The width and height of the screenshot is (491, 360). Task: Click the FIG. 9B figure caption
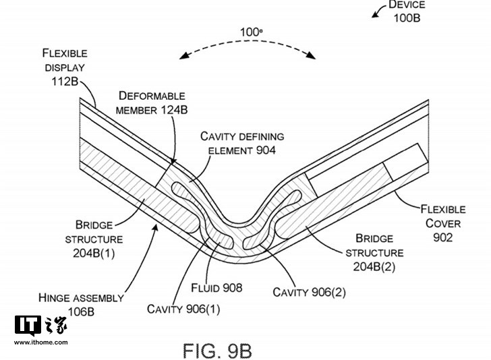point(217,351)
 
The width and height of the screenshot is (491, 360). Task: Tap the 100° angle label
point(251,32)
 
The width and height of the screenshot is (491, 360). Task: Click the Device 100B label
point(407,11)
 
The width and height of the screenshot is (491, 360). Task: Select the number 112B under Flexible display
point(65,82)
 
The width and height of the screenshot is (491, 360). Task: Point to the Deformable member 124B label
point(152,102)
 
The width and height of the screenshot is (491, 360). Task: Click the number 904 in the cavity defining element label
point(266,150)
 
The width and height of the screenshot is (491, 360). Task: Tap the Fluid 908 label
point(216,288)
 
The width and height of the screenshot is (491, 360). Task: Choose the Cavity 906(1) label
point(183,309)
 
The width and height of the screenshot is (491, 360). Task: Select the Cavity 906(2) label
point(310,292)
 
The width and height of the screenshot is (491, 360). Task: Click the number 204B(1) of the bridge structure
point(94,253)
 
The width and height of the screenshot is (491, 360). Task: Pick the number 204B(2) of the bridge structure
point(374,267)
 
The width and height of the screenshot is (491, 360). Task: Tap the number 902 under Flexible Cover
point(442,237)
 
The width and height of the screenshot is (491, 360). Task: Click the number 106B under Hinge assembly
point(81,311)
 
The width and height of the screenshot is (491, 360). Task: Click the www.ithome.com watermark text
point(41,342)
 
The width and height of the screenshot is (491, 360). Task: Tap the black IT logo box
point(28,325)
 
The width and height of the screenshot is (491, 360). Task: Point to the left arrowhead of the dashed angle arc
point(184,55)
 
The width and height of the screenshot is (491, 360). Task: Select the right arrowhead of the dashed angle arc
point(311,55)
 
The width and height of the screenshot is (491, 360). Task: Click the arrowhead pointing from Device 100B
point(375,15)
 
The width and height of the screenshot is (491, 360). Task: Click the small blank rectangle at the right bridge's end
point(406,162)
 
